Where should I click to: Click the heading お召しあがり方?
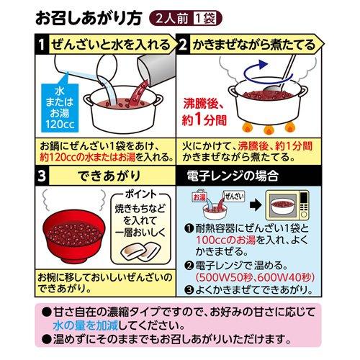click(89, 18)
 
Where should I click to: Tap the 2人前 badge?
click(172, 19)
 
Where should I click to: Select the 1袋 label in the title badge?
click(206, 19)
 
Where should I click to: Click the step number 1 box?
click(42, 45)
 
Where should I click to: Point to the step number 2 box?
click(183, 45)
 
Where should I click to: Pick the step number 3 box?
click(42, 176)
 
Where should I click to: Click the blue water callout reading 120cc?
click(60, 107)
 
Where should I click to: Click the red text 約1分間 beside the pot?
click(204, 120)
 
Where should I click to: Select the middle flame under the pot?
click(269, 130)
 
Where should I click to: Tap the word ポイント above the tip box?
click(140, 194)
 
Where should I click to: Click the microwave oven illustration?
click(287, 205)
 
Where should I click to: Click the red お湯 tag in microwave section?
click(199, 197)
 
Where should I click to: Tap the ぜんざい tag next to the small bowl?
click(233, 197)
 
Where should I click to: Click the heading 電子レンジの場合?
click(233, 176)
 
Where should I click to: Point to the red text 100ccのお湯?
click(226, 240)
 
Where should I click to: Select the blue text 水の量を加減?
click(86, 325)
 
